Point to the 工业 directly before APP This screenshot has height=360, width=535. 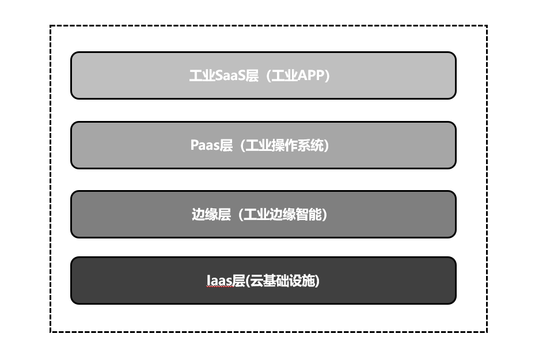[x=284, y=76]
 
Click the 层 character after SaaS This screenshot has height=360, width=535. [x=252, y=76]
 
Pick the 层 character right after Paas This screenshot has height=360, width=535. [x=226, y=145]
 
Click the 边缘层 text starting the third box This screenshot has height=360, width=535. [x=211, y=215]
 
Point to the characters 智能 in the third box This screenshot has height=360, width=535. [x=309, y=215]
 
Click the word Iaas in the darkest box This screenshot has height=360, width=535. [x=219, y=281]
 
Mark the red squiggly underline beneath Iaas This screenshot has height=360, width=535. [x=219, y=287]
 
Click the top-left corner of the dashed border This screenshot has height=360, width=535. [x=51, y=26]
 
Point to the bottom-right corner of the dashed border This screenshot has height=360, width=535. [x=487, y=332]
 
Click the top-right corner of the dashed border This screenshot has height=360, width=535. [x=487, y=26]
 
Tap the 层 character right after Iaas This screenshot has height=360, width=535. [x=239, y=281]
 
